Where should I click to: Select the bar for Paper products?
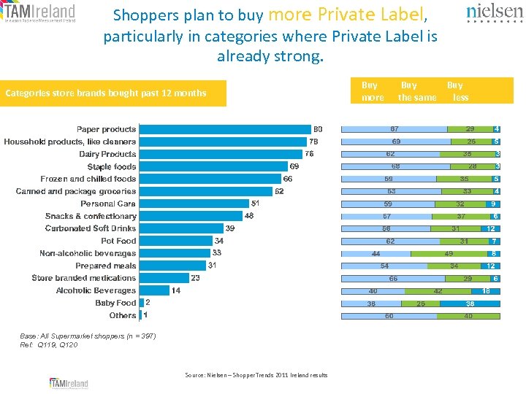pos(225,129)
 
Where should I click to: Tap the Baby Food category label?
pos(115,303)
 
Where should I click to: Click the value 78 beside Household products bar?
pos(313,142)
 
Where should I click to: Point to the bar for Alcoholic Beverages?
pos(154,290)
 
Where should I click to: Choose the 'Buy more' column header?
pos(372,91)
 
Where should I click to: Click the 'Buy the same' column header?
pos(416,91)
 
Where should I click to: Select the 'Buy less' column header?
pos(458,91)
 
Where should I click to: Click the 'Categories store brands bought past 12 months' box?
pos(113,93)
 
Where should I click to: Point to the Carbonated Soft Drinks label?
pos(91,228)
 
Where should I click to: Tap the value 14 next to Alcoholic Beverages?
pos(176,290)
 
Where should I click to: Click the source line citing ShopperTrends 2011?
pos(256,375)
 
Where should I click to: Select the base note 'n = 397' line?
pos(88,336)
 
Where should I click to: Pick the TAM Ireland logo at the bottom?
pos(69,383)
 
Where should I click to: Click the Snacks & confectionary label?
pos(91,216)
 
